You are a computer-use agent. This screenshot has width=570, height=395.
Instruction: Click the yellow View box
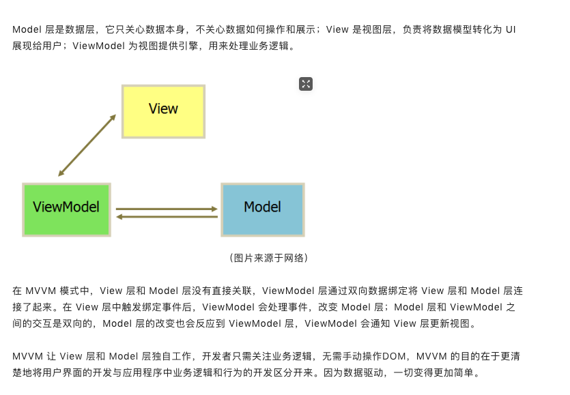pyautogui.click(x=163, y=111)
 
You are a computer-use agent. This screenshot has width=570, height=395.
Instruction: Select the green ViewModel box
pyautogui.click(x=66, y=209)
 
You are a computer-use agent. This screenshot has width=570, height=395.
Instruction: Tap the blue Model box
pyautogui.click(x=262, y=209)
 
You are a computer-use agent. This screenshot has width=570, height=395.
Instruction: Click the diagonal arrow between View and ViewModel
pyautogui.click(x=87, y=146)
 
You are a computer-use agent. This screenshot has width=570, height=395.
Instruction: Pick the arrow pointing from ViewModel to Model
pyautogui.click(x=166, y=209)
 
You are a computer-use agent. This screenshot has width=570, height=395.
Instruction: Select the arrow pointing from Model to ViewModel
pyautogui.click(x=166, y=217)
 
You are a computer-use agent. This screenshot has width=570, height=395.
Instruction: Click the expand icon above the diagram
pyautogui.click(x=306, y=84)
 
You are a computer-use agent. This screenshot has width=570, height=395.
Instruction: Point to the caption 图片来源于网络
pyautogui.click(x=268, y=258)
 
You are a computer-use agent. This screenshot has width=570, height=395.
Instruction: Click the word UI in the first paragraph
pyautogui.click(x=510, y=30)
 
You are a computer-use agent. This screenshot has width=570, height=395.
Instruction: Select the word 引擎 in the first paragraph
pyautogui.click(x=186, y=46)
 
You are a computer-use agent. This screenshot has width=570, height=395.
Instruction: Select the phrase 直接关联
pyautogui.click(x=233, y=291)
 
